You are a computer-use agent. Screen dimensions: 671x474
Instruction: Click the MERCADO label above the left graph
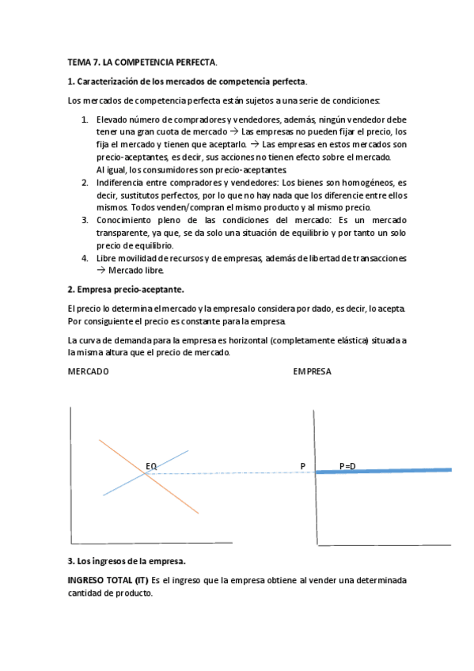tap(89, 371)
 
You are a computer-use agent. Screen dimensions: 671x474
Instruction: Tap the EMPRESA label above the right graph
tap(312, 371)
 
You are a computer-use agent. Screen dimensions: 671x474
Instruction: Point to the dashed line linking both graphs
tap(237, 472)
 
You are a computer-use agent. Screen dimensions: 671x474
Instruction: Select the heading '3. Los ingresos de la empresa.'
tap(127, 561)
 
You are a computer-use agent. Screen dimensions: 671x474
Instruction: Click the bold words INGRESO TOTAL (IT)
tap(108, 580)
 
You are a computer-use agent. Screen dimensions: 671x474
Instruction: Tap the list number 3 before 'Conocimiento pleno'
tap(85, 219)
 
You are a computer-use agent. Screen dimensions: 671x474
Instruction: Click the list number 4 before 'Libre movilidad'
tap(85, 258)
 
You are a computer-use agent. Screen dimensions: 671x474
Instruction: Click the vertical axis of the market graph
tap(71, 475)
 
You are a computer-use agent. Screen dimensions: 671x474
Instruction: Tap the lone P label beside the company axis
tap(302, 466)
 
